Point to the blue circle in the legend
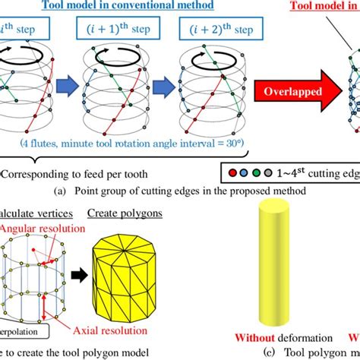tap(244, 172)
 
